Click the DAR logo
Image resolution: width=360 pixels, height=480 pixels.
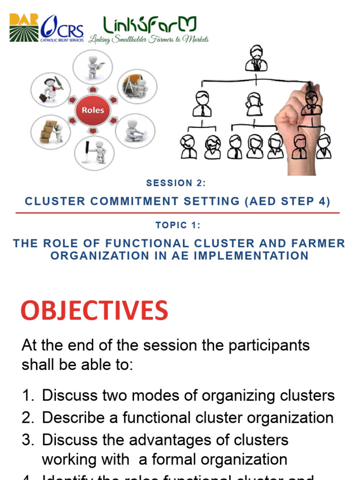25,28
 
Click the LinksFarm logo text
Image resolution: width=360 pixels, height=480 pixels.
150,25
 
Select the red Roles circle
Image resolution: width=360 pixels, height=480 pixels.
93,111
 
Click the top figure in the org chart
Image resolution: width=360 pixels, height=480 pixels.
256,58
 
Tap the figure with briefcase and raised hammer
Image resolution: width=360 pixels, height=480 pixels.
50,90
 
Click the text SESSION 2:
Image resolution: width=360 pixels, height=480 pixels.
176,183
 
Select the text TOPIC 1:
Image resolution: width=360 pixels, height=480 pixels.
178,225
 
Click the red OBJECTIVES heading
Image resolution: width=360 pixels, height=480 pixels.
94,310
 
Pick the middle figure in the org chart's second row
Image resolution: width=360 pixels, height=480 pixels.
254,104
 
